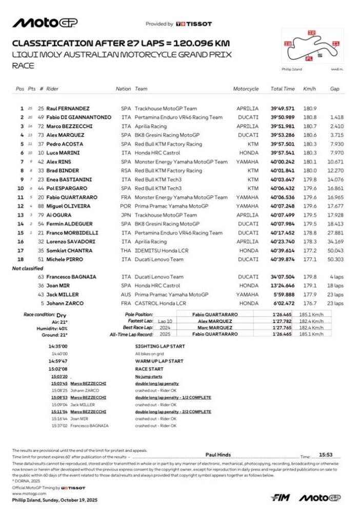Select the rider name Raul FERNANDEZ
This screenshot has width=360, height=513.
[x=68, y=109]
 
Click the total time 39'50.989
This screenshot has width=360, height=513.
[x=283, y=117]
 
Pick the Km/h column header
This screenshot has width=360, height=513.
[x=309, y=89]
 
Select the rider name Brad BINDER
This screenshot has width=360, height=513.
[x=64, y=170]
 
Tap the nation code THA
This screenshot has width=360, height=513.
[x=126, y=251]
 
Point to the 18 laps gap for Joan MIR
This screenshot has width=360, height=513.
[x=335, y=286]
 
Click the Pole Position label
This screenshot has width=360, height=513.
[x=139, y=314]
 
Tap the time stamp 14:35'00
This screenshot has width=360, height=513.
[x=59, y=347]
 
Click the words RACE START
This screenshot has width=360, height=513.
[x=149, y=368]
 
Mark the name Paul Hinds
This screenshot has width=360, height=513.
[x=218, y=455]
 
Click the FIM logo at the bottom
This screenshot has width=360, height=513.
[x=282, y=498]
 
